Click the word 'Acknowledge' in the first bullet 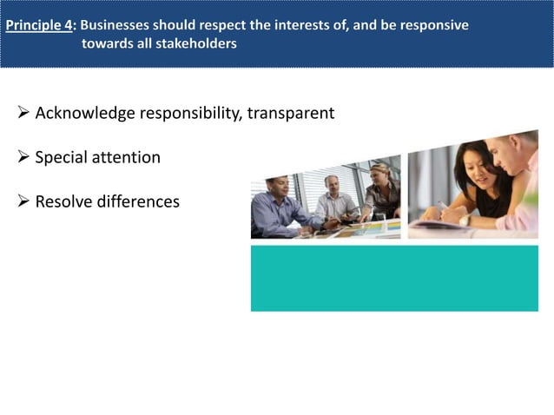coord(85,114)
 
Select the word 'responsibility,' coord(192,114)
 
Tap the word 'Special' coord(60,158)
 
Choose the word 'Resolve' coord(64,202)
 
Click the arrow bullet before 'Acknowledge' coord(23,114)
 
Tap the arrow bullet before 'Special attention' coord(23,158)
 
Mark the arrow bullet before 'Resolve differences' coord(23,202)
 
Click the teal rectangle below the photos coord(394,278)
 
